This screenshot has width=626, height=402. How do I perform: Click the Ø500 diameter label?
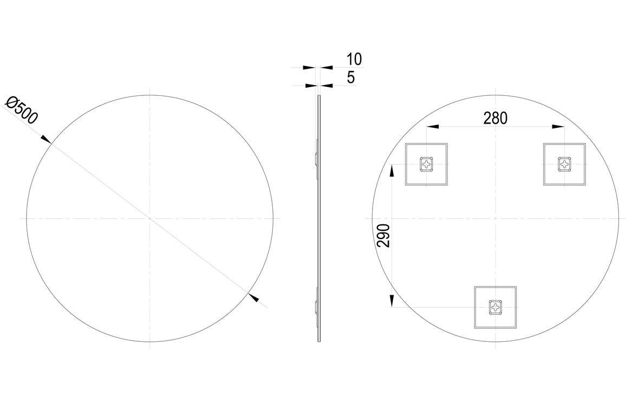coord(22,110)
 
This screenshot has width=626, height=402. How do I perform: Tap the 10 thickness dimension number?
coord(354,59)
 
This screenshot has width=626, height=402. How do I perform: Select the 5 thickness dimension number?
coord(351,77)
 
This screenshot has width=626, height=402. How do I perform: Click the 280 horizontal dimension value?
coord(495,118)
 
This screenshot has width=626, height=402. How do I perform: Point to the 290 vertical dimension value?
coord(383,236)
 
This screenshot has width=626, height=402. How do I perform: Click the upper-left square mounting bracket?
coord(427,164)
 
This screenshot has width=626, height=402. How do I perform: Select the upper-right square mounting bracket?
coord(565,164)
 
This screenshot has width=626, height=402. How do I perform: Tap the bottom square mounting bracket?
coord(495,308)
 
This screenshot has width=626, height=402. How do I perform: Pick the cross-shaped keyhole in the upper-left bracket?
coord(427,164)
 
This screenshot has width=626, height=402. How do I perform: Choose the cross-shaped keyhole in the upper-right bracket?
coord(565,164)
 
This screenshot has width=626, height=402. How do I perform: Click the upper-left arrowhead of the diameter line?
coord(47,140)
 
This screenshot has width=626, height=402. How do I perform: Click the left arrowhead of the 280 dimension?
coord(432,127)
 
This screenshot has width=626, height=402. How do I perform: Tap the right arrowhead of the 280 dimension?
coord(559,127)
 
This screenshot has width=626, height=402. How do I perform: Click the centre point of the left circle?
coord(150,218)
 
